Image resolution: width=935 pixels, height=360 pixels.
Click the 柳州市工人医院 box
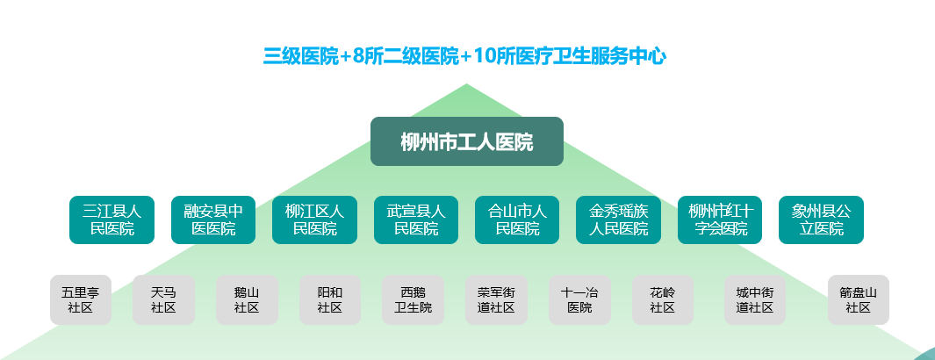466,141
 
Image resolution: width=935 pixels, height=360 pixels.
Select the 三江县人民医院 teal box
112,220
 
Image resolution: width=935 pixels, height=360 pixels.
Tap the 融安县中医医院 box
213,220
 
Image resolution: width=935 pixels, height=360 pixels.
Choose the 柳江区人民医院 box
314,220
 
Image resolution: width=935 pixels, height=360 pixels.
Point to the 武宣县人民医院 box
416,220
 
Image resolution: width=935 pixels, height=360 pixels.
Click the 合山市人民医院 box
517,220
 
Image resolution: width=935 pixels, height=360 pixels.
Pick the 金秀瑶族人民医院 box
618,220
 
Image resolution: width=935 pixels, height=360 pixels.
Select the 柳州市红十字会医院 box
720,220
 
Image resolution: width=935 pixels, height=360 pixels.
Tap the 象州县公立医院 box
821,220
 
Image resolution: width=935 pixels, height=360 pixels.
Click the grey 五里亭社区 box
81,299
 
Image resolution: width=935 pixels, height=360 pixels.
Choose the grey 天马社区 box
163,299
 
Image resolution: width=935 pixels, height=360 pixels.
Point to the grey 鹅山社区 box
247,299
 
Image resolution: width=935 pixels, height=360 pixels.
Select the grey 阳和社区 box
330,299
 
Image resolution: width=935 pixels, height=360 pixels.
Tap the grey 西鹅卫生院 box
413,299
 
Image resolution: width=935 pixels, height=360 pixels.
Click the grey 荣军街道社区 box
496,299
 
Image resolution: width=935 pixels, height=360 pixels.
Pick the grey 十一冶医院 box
579,299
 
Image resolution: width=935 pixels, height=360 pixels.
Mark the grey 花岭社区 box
662,299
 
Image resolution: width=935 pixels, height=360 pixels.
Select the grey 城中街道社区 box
755,299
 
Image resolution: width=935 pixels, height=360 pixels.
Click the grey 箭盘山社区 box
858,299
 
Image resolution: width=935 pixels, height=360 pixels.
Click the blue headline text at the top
465,57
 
